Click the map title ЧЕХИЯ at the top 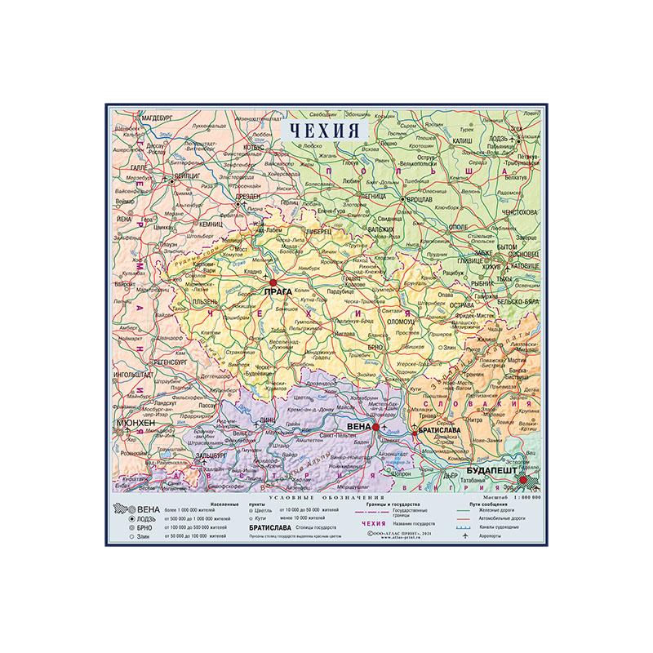(x=325, y=129)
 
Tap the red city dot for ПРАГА (x=273, y=282)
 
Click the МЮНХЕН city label (x=135, y=424)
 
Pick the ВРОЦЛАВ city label (x=421, y=198)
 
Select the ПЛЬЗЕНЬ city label (x=205, y=301)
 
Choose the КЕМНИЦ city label (x=210, y=223)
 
